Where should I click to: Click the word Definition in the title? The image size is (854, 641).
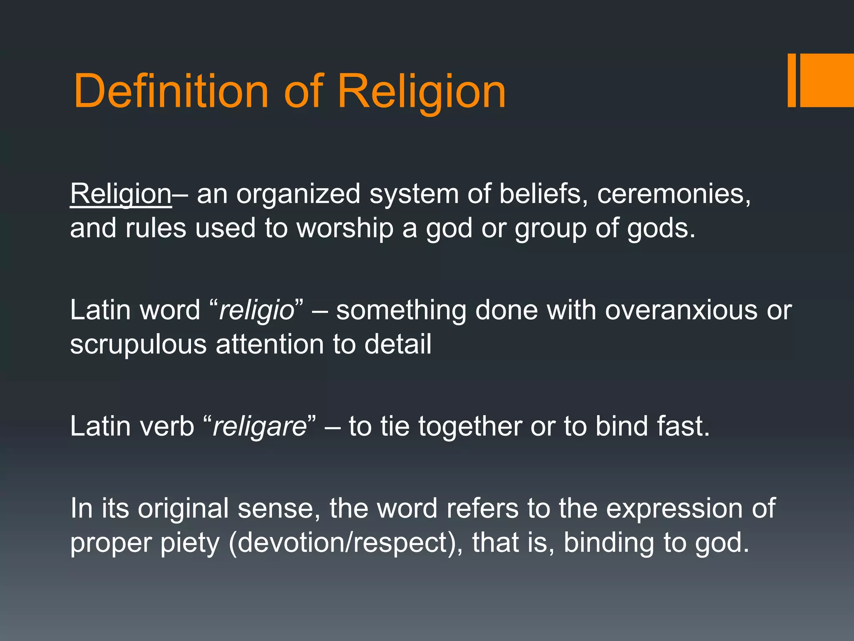171,91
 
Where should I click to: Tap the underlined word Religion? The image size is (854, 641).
121,194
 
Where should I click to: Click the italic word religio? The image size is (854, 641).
257,311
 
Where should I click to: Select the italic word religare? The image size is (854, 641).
260,427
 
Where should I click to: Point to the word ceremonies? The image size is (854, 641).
673,194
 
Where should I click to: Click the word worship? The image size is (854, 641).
345,229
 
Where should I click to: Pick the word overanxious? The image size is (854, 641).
681,310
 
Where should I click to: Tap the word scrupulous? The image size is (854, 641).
138,345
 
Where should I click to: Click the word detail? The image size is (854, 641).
398,345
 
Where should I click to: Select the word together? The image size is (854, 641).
470,427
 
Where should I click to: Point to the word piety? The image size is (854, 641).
190,543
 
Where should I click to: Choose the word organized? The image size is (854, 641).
298,194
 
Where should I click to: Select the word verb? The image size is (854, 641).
167,427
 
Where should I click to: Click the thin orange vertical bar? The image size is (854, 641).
791,80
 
